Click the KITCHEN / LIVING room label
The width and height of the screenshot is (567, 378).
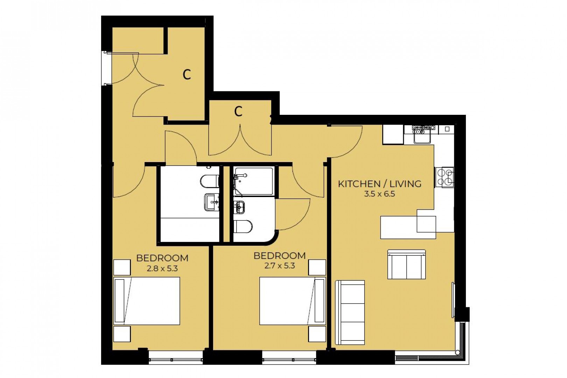[x=379, y=184]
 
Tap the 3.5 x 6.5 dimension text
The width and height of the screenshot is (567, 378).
[x=379, y=194]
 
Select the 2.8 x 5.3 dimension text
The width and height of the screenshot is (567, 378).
[x=162, y=268]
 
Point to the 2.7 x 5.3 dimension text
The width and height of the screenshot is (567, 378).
[x=279, y=266]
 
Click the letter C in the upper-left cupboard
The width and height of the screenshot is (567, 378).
[x=187, y=74]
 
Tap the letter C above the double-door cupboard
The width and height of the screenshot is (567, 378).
[x=238, y=112]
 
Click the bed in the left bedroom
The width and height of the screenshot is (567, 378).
[x=147, y=301]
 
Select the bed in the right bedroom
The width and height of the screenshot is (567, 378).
[x=292, y=301]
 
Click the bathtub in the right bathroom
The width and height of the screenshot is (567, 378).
[x=254, y=181]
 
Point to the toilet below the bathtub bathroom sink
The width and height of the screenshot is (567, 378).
[x=243, y=226]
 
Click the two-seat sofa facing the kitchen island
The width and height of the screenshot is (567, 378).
[x=406, y=265]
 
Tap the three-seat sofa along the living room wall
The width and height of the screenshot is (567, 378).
[x=350, y=313]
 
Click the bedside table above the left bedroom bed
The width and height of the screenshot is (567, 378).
[x=122, y=267]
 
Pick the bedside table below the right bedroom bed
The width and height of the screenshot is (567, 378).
[x=317, y=334]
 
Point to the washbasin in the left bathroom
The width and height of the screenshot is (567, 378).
[x=211, y=202]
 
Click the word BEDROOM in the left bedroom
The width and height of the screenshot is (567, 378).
[x=162, y=258]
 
